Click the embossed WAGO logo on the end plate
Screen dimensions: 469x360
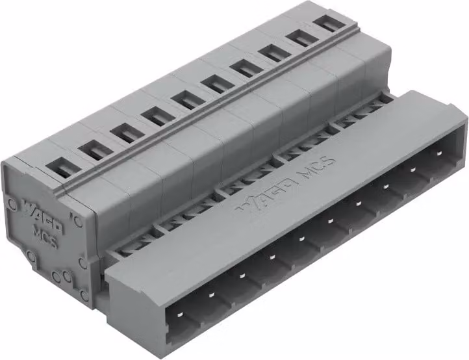click(x=43, y=216)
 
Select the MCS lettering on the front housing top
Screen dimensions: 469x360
click(x=318, y=167)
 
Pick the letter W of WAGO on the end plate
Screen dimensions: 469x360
click(x=29, y=207)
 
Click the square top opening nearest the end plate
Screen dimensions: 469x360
click(x=64, y=167)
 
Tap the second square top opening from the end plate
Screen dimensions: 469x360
click(x=96, y=150)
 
